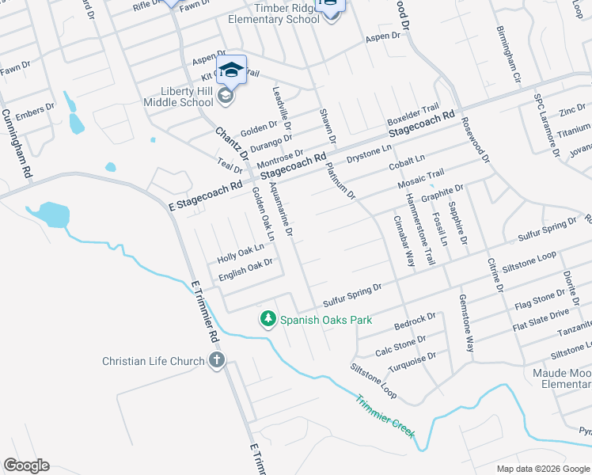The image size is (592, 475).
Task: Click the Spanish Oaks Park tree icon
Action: (x=268, y=318)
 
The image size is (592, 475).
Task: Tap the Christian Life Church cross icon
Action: (x=217, y=361)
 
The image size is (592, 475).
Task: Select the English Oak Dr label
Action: (x=246, y=268)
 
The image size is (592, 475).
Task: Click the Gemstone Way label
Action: (x=466, y=323)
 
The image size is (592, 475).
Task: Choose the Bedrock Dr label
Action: (x=416, y=321)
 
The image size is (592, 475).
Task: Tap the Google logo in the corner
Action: (x=26, y=465)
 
